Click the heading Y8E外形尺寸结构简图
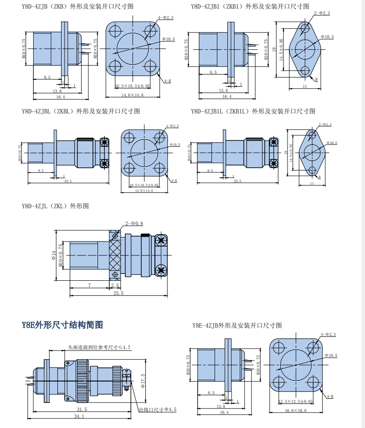click(x=62, y=325)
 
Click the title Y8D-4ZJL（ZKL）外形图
click(x=55, y=206)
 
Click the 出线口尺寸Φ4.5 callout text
click(x=157, y=409)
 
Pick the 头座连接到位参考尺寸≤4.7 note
click(x=99, y=347)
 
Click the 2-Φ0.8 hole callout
click(x=134, y=223)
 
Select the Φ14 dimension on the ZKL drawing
click(x=54, y=256)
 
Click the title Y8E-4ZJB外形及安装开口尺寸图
click(x=237, y=325)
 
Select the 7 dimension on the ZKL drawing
click(x=89, y=285)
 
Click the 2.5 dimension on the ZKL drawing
click(x=114, y=285)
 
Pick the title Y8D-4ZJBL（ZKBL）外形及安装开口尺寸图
click(x=81, y=111)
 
